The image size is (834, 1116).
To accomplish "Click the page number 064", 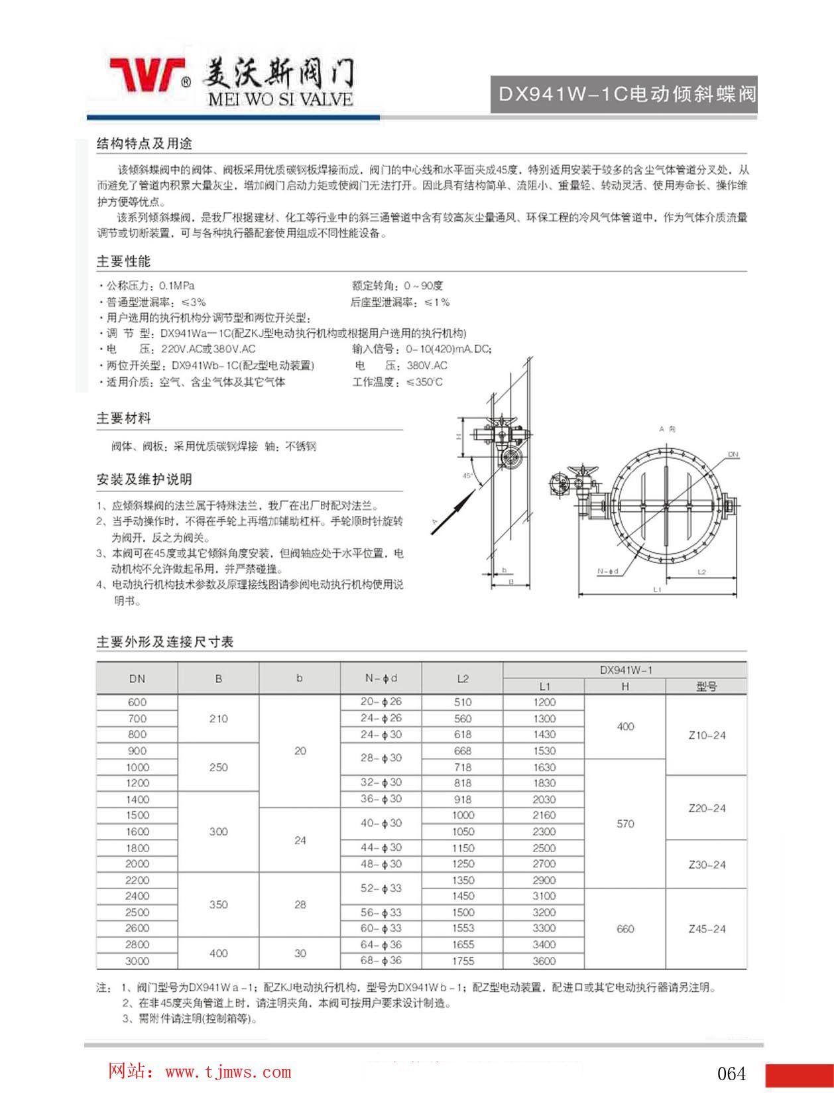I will (731, 1074).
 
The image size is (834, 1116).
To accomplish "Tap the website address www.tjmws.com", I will (227, 1072).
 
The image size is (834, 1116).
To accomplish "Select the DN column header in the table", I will (137, 678).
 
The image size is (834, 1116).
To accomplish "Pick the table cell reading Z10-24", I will (707, 735).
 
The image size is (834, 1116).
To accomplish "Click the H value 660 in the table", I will (625, 928).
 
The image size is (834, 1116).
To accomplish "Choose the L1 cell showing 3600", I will (544, 961).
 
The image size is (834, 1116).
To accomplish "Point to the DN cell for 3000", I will (137, 961).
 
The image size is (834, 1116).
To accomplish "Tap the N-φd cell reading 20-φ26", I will (381, 702).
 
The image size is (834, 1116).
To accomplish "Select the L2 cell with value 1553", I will (463, 928).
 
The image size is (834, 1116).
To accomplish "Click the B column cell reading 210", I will (219, 718).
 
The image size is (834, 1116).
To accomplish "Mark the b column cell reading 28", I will (300, 904).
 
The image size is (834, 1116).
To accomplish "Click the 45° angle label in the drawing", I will (467, 475).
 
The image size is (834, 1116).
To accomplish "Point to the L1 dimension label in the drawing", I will (657, 589).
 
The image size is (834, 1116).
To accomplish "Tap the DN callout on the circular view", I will (733, 454).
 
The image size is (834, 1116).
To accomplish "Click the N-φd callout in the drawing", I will (607, 571).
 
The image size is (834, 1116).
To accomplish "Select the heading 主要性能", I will (124, 261).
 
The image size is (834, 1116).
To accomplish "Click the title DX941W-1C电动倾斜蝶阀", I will (626, 94).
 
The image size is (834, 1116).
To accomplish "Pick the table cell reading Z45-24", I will (707, 929).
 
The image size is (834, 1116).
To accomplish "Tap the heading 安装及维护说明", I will (145, 479).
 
